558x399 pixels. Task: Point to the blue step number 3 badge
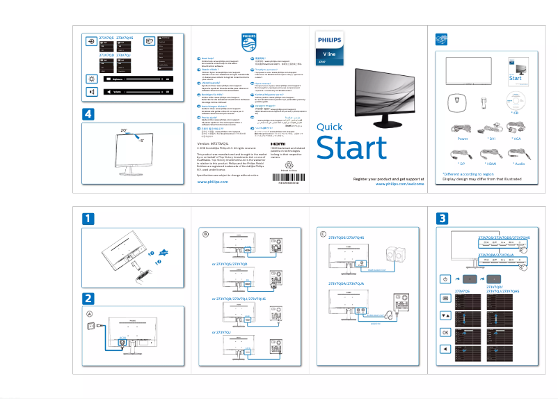click(443, 219)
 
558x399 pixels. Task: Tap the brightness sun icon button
click(92, 79)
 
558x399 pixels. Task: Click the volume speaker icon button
click(92, 91)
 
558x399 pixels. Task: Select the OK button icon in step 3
click(445, 332)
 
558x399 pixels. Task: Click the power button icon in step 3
click(445, 279)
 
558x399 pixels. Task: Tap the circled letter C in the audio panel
click(322, 233)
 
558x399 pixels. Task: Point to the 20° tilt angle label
click(124, 130)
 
